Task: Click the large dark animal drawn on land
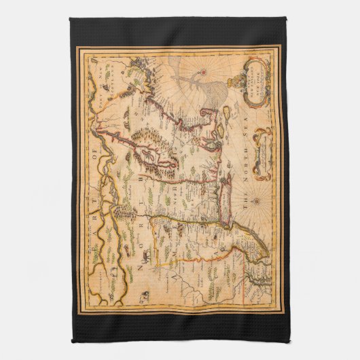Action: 143,253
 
